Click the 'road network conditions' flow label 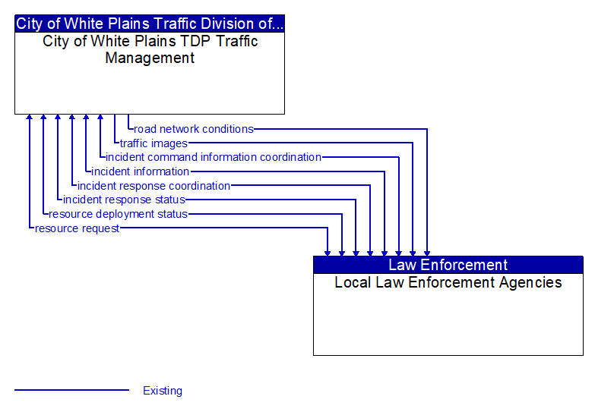click(x=194, y=129)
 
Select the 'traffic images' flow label click(x=153, y=143)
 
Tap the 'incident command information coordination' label click(x=214, y=157)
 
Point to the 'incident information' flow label click(x=141, y=171)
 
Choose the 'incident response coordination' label click(x=153, y=186)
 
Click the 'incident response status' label click(x=124, y=200)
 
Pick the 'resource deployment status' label click(x=118, y=214)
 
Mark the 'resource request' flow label click(x=77, y=228)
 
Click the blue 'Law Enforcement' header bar click(x=448, y=265)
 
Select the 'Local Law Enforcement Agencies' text click(x=448, y=283)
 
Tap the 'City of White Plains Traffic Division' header click(x=150, y=24)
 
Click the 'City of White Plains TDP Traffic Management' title click(x=150, y=49)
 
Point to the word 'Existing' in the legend click(x=163, y=391)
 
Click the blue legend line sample click(x=71, y=391)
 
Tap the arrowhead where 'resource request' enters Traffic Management click(x=29, y=118)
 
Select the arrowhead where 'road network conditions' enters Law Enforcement click(x=427, y=252)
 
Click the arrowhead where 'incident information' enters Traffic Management click(x=86, y=118)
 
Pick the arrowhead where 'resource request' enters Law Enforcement click(x=328, y=252)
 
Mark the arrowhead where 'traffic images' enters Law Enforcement click(x=413, y=252)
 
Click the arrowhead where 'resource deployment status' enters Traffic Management click(x=43, y=118)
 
